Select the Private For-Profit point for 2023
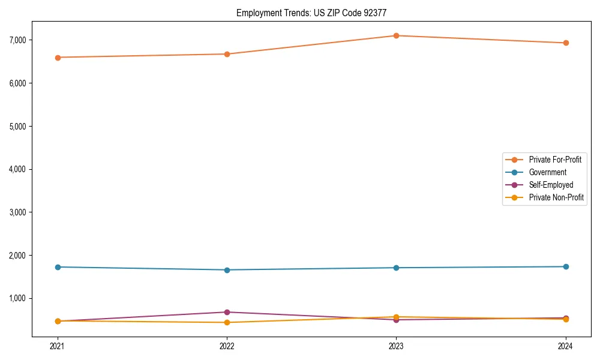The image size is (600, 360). point(396,35)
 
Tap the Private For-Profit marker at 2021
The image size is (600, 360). point(58,58)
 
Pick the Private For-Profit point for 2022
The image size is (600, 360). point(227,54)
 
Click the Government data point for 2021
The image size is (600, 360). point(58,267)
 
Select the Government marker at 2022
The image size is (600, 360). point(227,270)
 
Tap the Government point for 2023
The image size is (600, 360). point(396,268)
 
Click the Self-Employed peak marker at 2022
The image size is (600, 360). point(227,312)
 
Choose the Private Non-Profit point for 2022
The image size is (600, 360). point(227,322)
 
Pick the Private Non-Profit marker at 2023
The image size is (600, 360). point(396,317)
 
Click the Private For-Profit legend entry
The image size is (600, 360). point(555,160)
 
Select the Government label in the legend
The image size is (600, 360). point(547,172)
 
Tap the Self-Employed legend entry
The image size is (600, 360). point(551,185)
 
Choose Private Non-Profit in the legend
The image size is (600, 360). point(556,197)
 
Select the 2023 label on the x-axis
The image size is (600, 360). point(396,346)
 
